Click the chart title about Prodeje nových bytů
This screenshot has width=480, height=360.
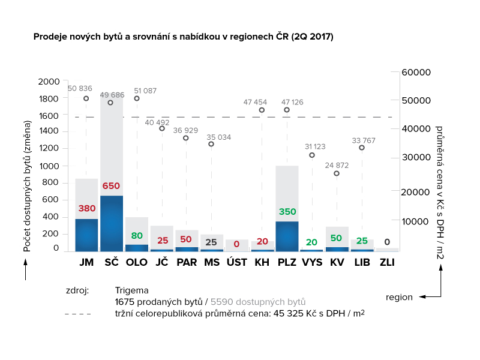[184, 37]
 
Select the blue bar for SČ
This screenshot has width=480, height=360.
[112, 223]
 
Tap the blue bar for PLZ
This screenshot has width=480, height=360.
[287, 236]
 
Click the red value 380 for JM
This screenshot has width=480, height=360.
[86, 209]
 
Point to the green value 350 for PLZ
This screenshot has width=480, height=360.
[287, 212]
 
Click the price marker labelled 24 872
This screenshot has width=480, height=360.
[337, 173]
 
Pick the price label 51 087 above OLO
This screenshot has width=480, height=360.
[145, 91]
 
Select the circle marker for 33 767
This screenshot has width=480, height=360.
[362, 148]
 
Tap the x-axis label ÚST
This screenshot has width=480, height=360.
[236, 262]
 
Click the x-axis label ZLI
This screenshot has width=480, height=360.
[387, 262]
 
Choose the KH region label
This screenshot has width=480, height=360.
[262, 262]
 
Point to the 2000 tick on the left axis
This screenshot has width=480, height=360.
[49, 82]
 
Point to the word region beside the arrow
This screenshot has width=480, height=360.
[399, 296]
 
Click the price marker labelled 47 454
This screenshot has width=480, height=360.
[262, 110]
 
